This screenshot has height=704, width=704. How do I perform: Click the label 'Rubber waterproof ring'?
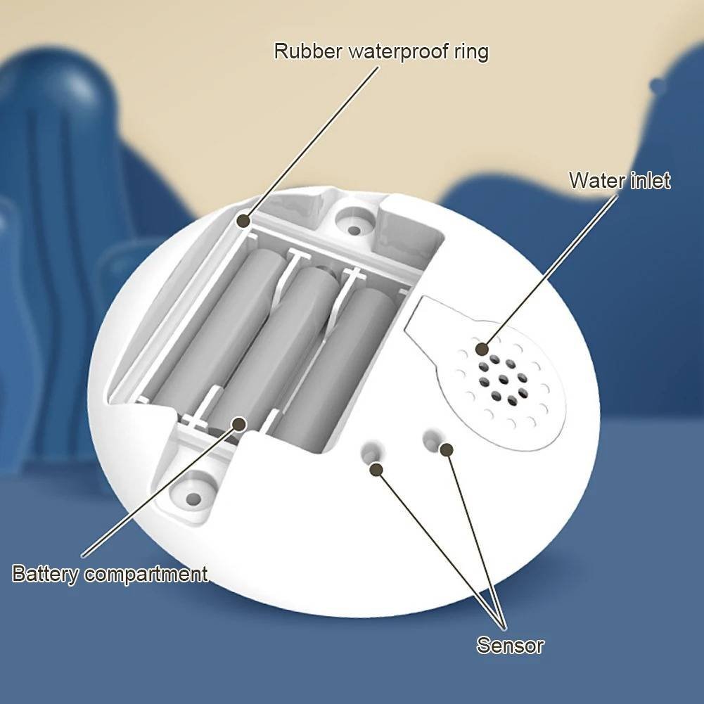381,51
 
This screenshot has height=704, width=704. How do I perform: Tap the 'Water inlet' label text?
620,181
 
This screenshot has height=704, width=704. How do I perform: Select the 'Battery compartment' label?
110,575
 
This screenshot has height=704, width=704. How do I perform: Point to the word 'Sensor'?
510,645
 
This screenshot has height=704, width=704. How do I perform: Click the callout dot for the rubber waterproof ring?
243,220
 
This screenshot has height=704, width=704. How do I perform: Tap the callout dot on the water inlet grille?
482,349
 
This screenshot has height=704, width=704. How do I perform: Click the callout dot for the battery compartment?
239,423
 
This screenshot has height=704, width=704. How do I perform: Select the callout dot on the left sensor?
376,470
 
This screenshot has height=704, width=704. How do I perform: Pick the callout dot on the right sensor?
446,449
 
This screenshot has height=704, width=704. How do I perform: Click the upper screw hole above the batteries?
354,230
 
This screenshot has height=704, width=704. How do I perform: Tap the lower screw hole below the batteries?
193,498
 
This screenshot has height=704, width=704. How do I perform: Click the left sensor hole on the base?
373,452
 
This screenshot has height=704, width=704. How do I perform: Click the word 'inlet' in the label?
651,181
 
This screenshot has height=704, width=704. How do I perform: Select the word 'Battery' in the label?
45,575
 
